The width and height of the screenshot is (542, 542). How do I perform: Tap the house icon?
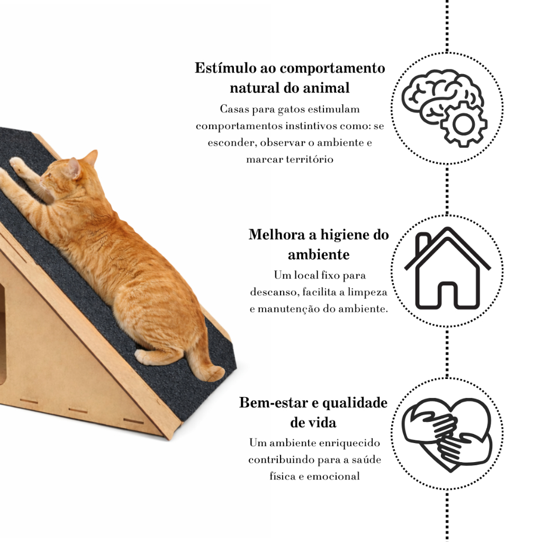(x=447, y=270)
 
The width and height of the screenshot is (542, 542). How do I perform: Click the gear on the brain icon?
(x=464, y=124)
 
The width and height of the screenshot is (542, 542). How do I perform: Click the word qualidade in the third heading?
(x=355, y=403)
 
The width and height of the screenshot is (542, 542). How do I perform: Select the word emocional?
(x=333, y=476)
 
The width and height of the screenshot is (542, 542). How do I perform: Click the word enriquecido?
(x=346, y=442)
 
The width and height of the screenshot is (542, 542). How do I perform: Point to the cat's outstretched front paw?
(x=17, y=164)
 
